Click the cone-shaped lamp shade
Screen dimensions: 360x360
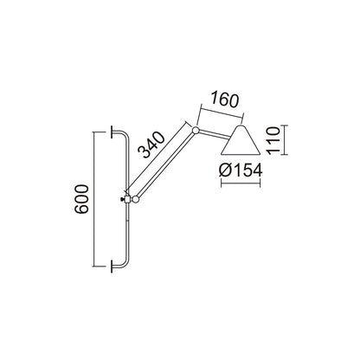(241, 145)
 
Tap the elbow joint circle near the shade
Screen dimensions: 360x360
(196, 131)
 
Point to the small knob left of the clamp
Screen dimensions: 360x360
(120, 200)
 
